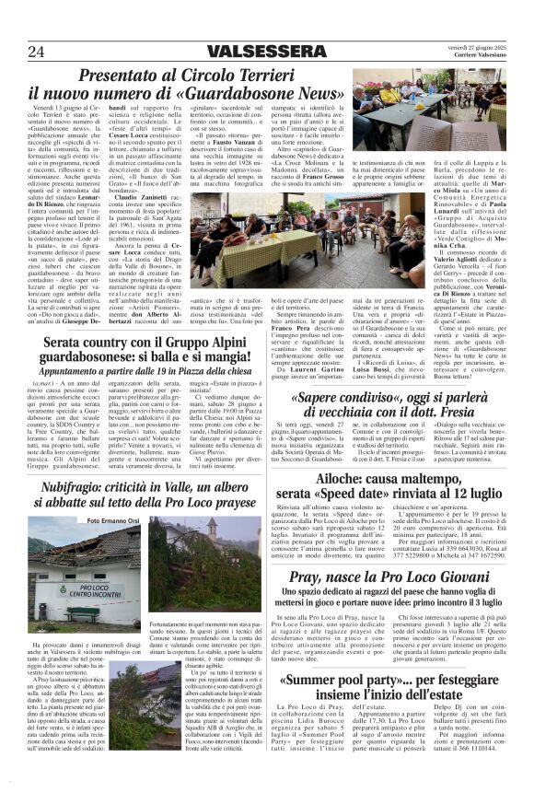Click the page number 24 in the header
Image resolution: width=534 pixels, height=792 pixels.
click(x=37, y=51)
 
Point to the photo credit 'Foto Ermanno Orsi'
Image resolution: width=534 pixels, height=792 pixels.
click(x=91, y=520)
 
